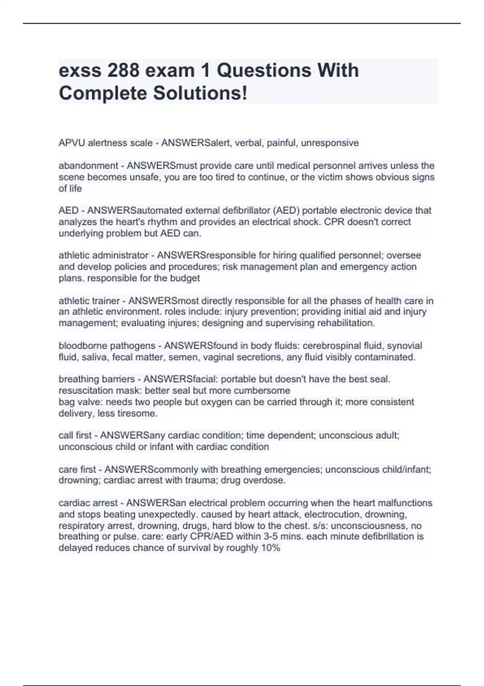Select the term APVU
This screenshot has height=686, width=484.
tap(72, 143)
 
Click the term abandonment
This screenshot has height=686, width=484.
tap(88, 166)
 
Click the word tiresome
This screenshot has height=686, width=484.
tap(137, 413)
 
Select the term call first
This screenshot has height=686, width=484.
tap(75, 435)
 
